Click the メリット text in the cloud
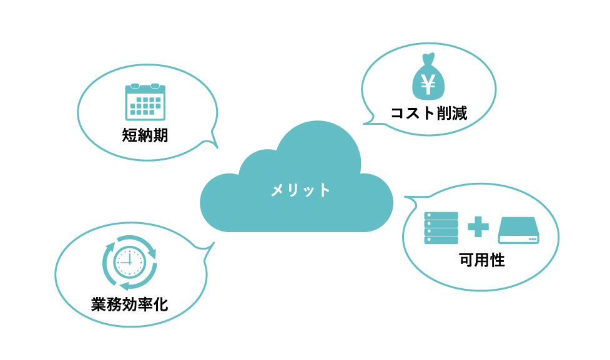[300, 190]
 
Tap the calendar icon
[145, 102]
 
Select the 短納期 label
[145, 135]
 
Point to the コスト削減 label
[428, 113]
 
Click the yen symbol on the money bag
[428, 85]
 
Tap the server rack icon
[441, 228]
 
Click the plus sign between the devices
[478, 226]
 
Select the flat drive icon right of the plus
[519, 230]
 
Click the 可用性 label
[482, 260]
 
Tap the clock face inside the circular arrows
[129, 261]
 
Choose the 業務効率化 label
[129, 304]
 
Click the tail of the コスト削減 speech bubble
[368, 120]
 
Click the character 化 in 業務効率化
[160, 304]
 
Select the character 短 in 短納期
[129, 135]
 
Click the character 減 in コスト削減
[460, 113]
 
